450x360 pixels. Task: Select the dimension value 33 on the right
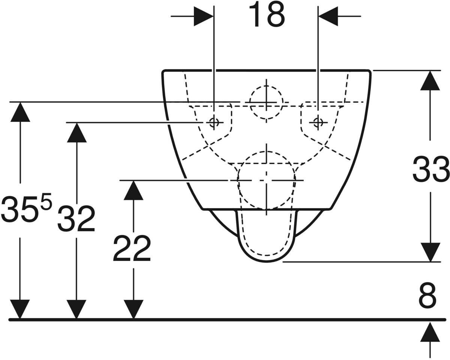pyautogui.click(x=430, y=169)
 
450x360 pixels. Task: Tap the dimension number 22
pyautogui.click(x=132, y=249)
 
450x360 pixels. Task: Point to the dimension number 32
pyautogui.click(x=76, y=219)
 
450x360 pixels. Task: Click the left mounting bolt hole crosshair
pyautogui.click(x=214, y=122)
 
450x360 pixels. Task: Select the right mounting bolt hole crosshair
pyautogui.click(x=318, y=122)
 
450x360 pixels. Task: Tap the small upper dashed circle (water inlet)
pyautogui.click(x=266, y=102)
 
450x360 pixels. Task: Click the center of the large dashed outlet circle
pyautogui.click(x=266, y=180)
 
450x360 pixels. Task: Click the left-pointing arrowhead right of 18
pyautogui.click(x=328, y=16)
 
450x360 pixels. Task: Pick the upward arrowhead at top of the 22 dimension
pyautogui.click(x=133, y=190)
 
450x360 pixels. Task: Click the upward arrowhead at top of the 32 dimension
pyautogui.click(x=76, y=132)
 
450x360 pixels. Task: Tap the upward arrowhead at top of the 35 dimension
pyautogui.click(x=20, y=112)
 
